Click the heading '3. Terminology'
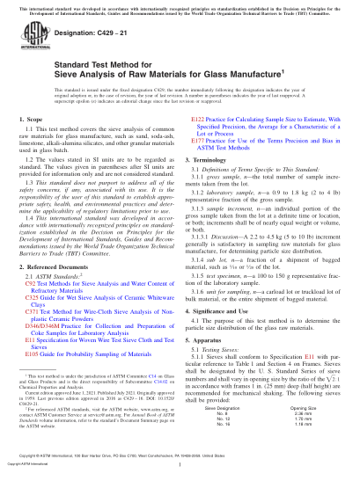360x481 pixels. point(212,175)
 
